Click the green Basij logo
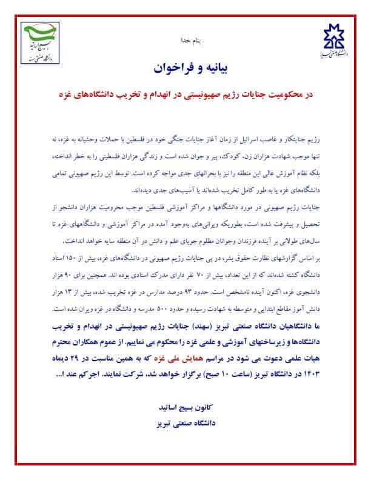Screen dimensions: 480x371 [41, 43]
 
